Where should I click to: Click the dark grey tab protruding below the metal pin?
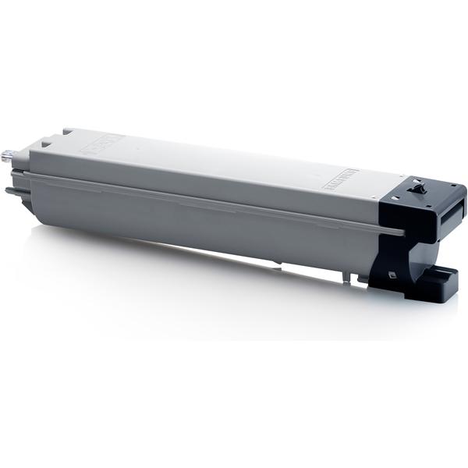(x=11, y=190)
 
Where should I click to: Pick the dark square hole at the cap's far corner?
(x=453, y=186)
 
